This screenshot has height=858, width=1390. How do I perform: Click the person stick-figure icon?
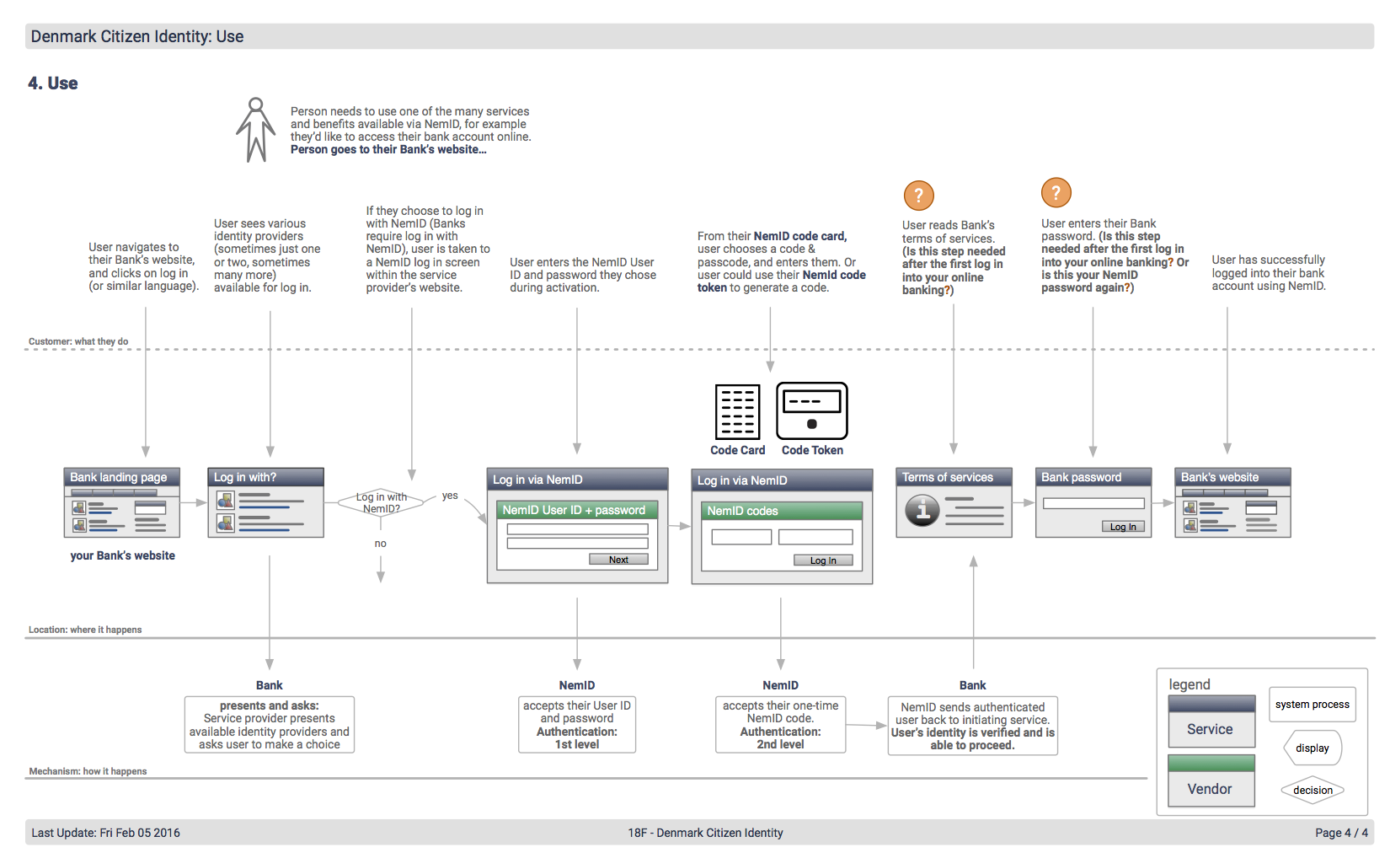pyautogui.click(x=255, y=130)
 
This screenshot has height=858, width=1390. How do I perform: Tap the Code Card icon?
pyautogui.click(x=737, y=411)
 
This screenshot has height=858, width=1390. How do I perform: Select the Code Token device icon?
pyautogui.click(x=811, y=411)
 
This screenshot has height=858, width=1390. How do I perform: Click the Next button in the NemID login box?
pyautogui.click(x=618, y=560)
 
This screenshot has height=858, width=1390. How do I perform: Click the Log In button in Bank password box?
pyautogui.click(x=1123, y=527)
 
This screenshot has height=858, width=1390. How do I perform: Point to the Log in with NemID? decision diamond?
pyautogui.click(x=381, y=502)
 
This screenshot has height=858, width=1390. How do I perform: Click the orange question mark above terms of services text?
pyautogui.click(x=918, y=196)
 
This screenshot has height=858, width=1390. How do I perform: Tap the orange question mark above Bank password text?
pyautogui.click(x=1056, y=192)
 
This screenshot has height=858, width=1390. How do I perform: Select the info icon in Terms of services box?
pyautogui.click(x=922, y=510)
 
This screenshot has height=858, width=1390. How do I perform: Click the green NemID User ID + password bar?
pyautogui.click(x=577, y=510)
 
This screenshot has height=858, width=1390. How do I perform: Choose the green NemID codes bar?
pyautogui.click(x=781, y=511)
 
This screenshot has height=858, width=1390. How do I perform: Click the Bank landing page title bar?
pyautogui.click(x=121, y=477)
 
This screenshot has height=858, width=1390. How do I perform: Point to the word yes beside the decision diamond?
pyautogui.click(x=450, y=496)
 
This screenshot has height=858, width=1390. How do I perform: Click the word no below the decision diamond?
pyautogui.click(x=381, y=544)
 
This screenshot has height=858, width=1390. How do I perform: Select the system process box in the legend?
pyautogui.click(x=1312, y=704)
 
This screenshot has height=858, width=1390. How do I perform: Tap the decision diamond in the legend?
pyautogui.click(x=1312, y=790)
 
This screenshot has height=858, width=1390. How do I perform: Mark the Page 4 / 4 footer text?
pyautogui.click(x=1341, y=833)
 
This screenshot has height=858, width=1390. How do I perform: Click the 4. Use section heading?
pyautogui.click(x=53, y=83)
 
